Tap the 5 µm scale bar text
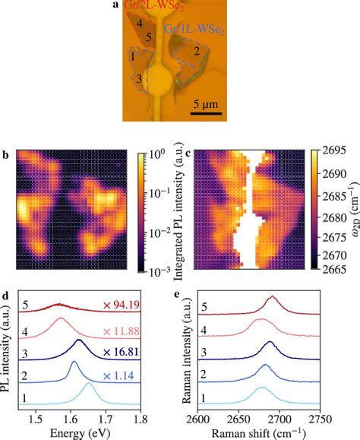[x=204, y=103]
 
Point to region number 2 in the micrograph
[x=196, y=52]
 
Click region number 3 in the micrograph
[x=138, y=78]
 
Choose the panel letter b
[x=5, y=156]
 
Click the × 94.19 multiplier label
[x=118, y=308]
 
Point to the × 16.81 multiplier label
[x=118, y=351]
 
